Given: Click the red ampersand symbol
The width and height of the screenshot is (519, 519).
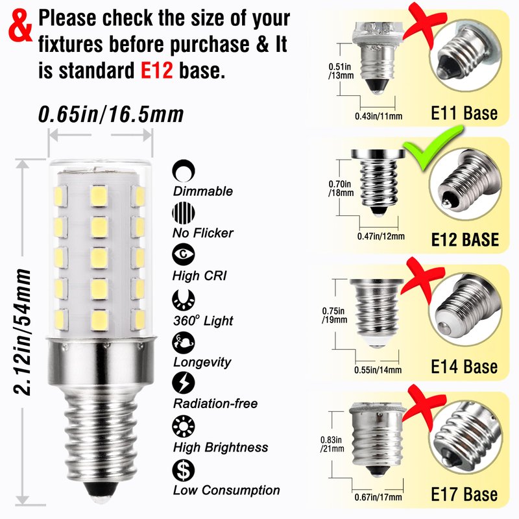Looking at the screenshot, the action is pos(21,26).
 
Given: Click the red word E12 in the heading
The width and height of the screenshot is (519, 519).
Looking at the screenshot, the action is pos(156,70).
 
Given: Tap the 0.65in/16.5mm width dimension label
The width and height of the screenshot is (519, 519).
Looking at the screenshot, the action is pos(111,115).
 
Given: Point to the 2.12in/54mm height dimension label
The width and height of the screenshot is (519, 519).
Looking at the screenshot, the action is pos(23,332).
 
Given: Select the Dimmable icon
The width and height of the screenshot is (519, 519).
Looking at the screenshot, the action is pos(184,171).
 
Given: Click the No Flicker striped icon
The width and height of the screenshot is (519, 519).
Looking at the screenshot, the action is pos(184,213).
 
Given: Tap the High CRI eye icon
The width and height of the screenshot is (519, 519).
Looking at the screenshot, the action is pos(184,254).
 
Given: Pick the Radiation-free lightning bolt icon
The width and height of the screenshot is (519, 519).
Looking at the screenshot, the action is pos(184,383).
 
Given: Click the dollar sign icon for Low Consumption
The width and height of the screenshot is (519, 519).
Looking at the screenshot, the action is pos(184,470).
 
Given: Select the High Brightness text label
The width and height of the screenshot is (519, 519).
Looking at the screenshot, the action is pos(221,447).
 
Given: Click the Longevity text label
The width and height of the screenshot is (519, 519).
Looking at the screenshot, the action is pos(202,363).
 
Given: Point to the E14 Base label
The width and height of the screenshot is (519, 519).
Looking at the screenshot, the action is pos(464,367).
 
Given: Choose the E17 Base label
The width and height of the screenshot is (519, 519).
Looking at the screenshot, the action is pos(464,494).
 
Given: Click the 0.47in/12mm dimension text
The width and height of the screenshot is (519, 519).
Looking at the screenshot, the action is pos(381,236).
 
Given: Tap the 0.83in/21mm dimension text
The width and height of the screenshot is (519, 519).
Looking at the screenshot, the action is pos(332,444).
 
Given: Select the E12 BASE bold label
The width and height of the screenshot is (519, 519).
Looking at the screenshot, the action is pos(465,239).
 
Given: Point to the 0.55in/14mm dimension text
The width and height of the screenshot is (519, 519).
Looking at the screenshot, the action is pos(378,370).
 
